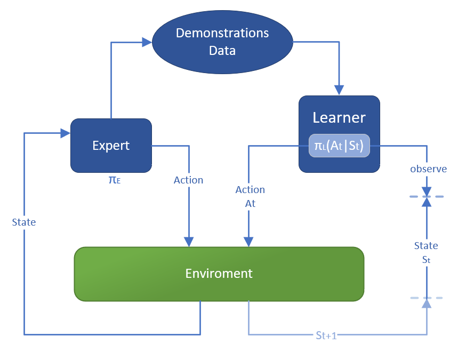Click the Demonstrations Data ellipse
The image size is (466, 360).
coord(222,42)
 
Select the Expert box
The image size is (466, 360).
coord(111,145)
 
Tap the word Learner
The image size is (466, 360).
coord(339,117)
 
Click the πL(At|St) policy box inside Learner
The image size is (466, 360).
coord(339,145)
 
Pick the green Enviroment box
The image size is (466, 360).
coord(219,273)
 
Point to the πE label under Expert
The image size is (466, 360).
coord(114,180)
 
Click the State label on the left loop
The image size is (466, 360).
coord(24,222)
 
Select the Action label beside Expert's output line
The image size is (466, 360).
coord(188,180)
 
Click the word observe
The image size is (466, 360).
coord(428,169)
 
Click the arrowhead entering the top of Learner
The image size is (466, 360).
coord(339,90)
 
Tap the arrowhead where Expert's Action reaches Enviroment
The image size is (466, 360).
coord(188,242)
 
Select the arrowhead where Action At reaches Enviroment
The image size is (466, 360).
coord(248,242)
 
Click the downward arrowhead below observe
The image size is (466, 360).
coord(426,191)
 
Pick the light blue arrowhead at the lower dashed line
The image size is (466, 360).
coord(426,303)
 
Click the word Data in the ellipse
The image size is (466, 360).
coord(222,51)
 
